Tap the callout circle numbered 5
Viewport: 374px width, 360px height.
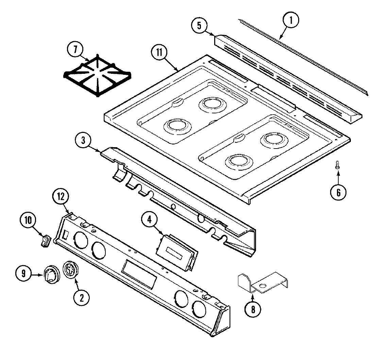(x=199, y=26)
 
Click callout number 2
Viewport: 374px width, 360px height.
(x=82, y=298)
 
